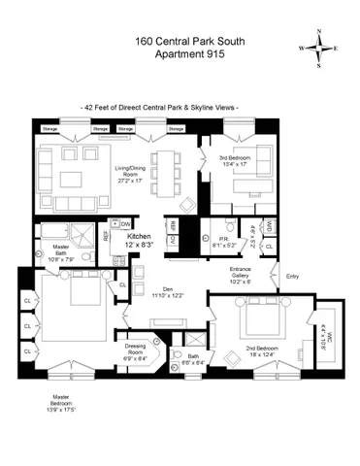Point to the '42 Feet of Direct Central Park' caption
(160, 107)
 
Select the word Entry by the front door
(293, 276)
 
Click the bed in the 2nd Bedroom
(258, 319)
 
